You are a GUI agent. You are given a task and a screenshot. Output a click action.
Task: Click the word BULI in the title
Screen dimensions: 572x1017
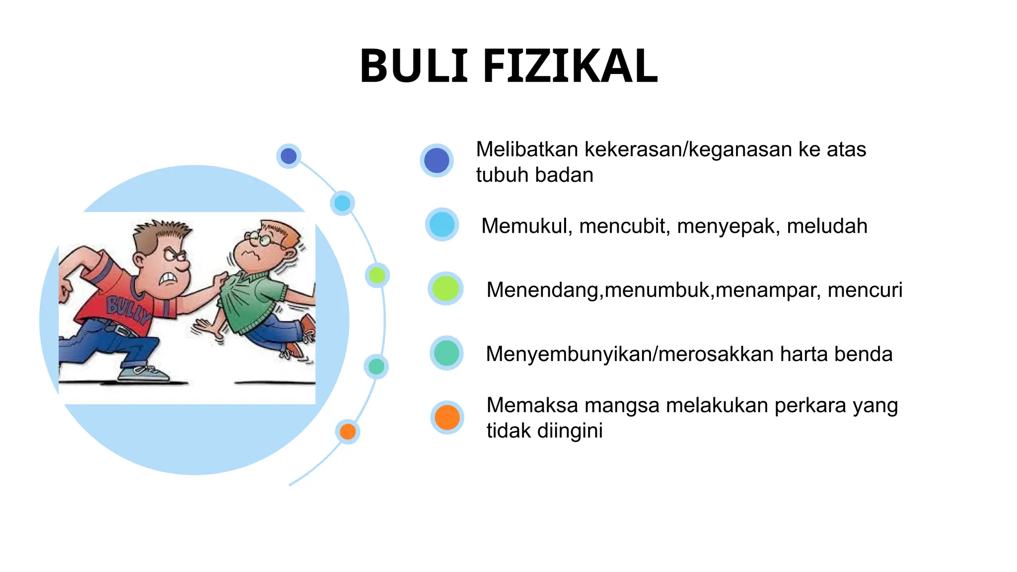pyautogui.click(x=414, y=67)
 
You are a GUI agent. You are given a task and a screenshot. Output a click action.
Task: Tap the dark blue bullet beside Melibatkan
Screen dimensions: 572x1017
pyautogui.click(x=436, y=160)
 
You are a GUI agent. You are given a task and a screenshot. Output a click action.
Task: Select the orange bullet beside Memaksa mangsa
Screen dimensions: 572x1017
pyautogui.click(x=447, y=417)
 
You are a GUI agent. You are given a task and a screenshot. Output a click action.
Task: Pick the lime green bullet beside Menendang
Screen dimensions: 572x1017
pyautogui.click(x=445, y=288)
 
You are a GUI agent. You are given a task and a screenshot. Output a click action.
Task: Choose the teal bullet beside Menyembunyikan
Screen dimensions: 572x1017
pyautogui.click(x=446, y=353)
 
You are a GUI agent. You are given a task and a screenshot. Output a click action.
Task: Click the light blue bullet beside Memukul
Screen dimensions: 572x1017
pyautogui.click(x=441, y=224)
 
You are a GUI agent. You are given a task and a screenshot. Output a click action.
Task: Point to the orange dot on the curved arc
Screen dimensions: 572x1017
pyautogui.click(x=348, y=431)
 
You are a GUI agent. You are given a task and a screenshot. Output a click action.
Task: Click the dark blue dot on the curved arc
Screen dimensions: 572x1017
pyautogui.click(x=289, y=156)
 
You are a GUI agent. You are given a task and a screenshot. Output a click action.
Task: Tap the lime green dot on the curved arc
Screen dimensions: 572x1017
pyautogui.click(x=377, y=275)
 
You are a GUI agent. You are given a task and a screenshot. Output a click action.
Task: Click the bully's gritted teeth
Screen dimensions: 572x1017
pyautogui.click(x=169, y=279)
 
